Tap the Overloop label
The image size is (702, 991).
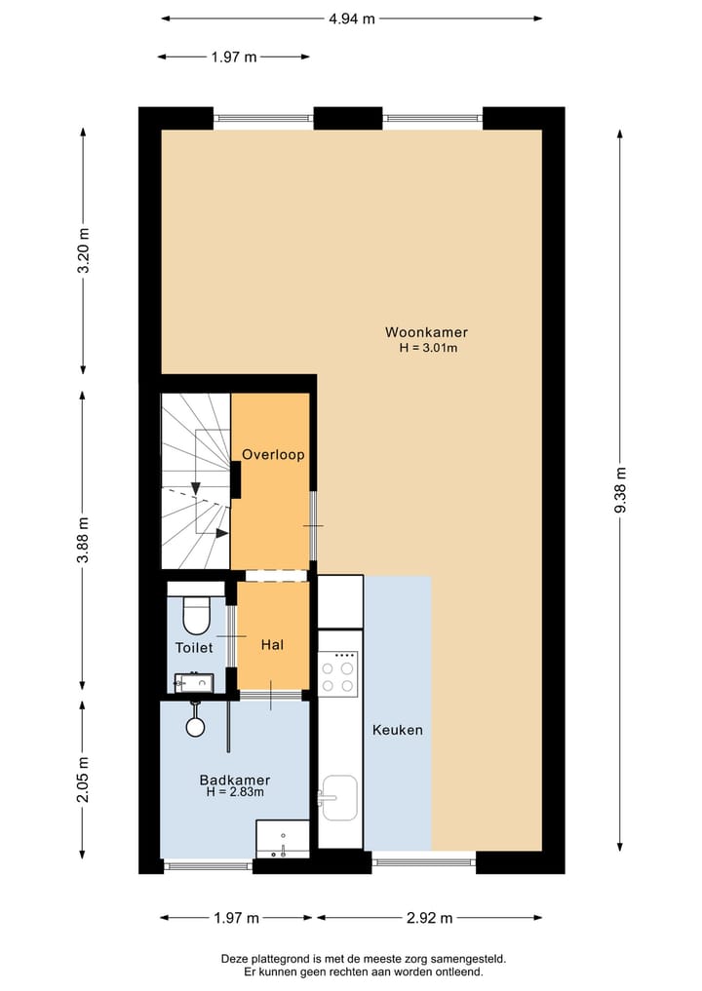tap(274, 454)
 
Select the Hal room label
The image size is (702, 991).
tap(272, 644)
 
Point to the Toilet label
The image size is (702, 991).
tap(194, 647)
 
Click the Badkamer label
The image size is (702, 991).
tap(235, 780)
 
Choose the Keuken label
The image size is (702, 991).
tap(398, 729)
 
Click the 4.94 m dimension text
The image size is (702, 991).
tap(352, 18)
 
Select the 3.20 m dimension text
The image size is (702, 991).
tap(84, 251)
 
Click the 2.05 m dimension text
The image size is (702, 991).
tap(84, 780)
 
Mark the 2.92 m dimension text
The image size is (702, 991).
tap(429, 917)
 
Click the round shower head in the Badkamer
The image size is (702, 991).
tap(196, 726)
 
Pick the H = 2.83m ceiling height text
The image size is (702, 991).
tap(235, 793)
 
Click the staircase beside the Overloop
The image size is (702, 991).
tap(196, 480)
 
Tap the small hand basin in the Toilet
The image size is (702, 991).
tap(193, 681)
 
